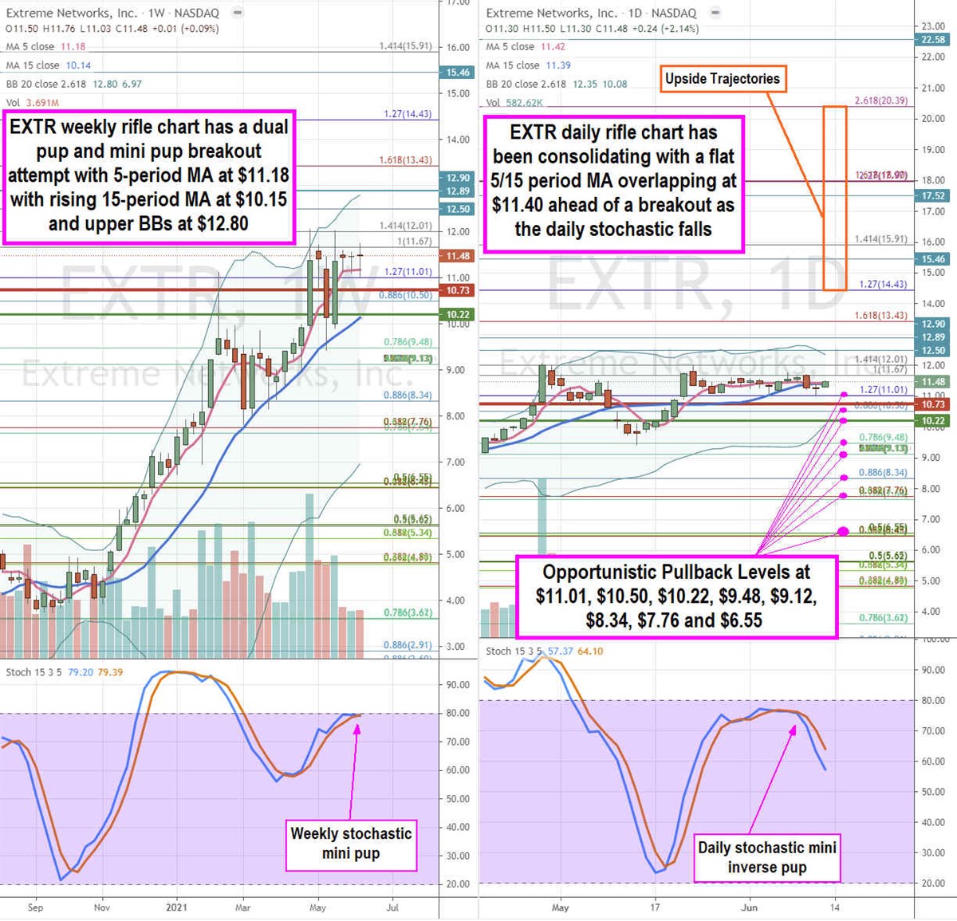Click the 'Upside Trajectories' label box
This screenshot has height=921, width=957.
coord(723,79)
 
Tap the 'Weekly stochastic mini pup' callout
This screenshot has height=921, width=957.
coord(351,843)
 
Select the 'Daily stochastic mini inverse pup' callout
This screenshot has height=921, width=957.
coord(766,857)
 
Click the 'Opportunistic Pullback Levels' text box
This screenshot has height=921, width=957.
coord(676,596)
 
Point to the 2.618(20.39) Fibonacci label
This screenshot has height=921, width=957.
coord(880,101)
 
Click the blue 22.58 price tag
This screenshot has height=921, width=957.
coord(933,39)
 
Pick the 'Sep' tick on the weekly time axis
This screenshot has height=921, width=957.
coord(35,907)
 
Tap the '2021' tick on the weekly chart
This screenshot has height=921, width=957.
coord(176,907)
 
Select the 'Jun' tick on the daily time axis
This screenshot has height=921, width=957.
coord(749,907)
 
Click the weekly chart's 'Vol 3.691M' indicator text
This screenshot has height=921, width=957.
coord(32,103)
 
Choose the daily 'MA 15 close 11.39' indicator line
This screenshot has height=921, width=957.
coord(528,65)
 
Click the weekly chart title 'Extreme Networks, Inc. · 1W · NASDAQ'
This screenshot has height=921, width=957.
coord(112,14)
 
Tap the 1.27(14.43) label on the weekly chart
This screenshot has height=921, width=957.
coord(408,114)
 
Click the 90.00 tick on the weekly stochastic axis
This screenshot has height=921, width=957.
coord(457,685)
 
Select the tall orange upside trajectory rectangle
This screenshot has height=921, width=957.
coord(835,198)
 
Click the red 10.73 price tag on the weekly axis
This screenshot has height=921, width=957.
coord(457,290)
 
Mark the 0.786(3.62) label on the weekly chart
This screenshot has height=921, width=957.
coord(408,612)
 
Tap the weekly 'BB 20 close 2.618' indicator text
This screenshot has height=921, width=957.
coord(46,84)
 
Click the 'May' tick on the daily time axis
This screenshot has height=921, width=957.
coord(561,907)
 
